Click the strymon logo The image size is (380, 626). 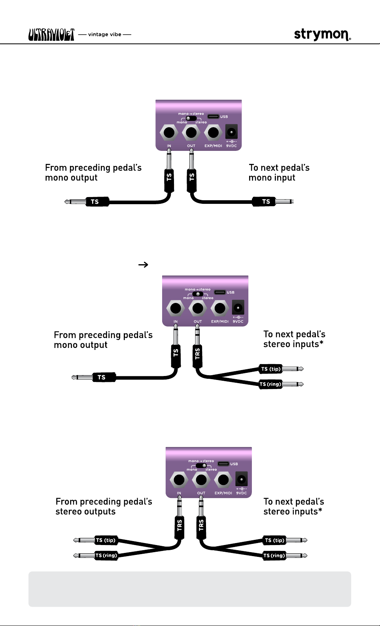tap(322, 34)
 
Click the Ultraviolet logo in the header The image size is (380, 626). tap(51, 35)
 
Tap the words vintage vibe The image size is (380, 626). tap(105, 34)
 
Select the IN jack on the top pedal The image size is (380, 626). tap(169, 133)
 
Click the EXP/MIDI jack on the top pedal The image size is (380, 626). tap(213, 133)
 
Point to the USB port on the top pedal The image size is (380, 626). tap(214, 117)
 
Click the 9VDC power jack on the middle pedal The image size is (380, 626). tap(238, 308)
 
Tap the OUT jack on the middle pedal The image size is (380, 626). tap(198, 308)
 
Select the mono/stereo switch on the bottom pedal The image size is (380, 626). tap(201, 465)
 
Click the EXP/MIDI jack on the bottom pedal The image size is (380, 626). tap(223, 480)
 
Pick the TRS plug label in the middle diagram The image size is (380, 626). tap(197, 353)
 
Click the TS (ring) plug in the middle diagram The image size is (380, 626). tap(271, 384)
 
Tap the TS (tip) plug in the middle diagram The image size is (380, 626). tap(271, 369)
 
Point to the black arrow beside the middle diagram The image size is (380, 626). tap(143, 265)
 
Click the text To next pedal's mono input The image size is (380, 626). tap(279, 173)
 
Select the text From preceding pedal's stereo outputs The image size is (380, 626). tap(104, 506)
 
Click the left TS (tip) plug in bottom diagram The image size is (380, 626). tap(106, 540)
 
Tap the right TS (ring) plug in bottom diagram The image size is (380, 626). tap(274, 556)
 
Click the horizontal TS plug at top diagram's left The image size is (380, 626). tap(95, 202)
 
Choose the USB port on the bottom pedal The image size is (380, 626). tap(223, 464)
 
